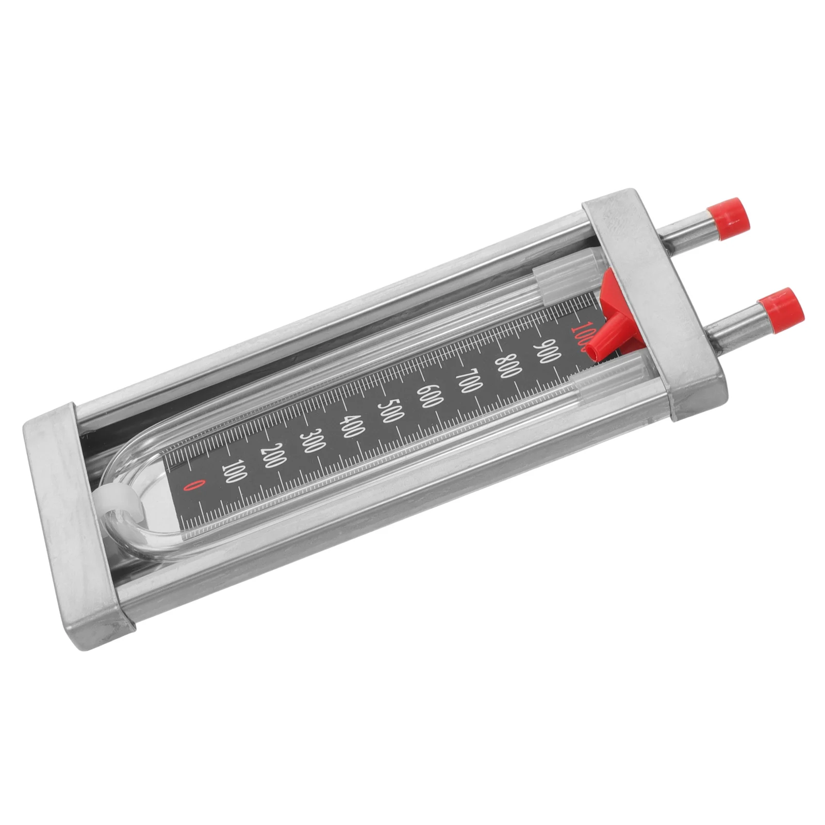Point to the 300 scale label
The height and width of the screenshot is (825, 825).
click(x=310, y=439)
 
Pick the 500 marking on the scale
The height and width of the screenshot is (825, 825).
click(x=389, y=410)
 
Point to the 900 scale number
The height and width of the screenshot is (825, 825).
click(x=544, y=350)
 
